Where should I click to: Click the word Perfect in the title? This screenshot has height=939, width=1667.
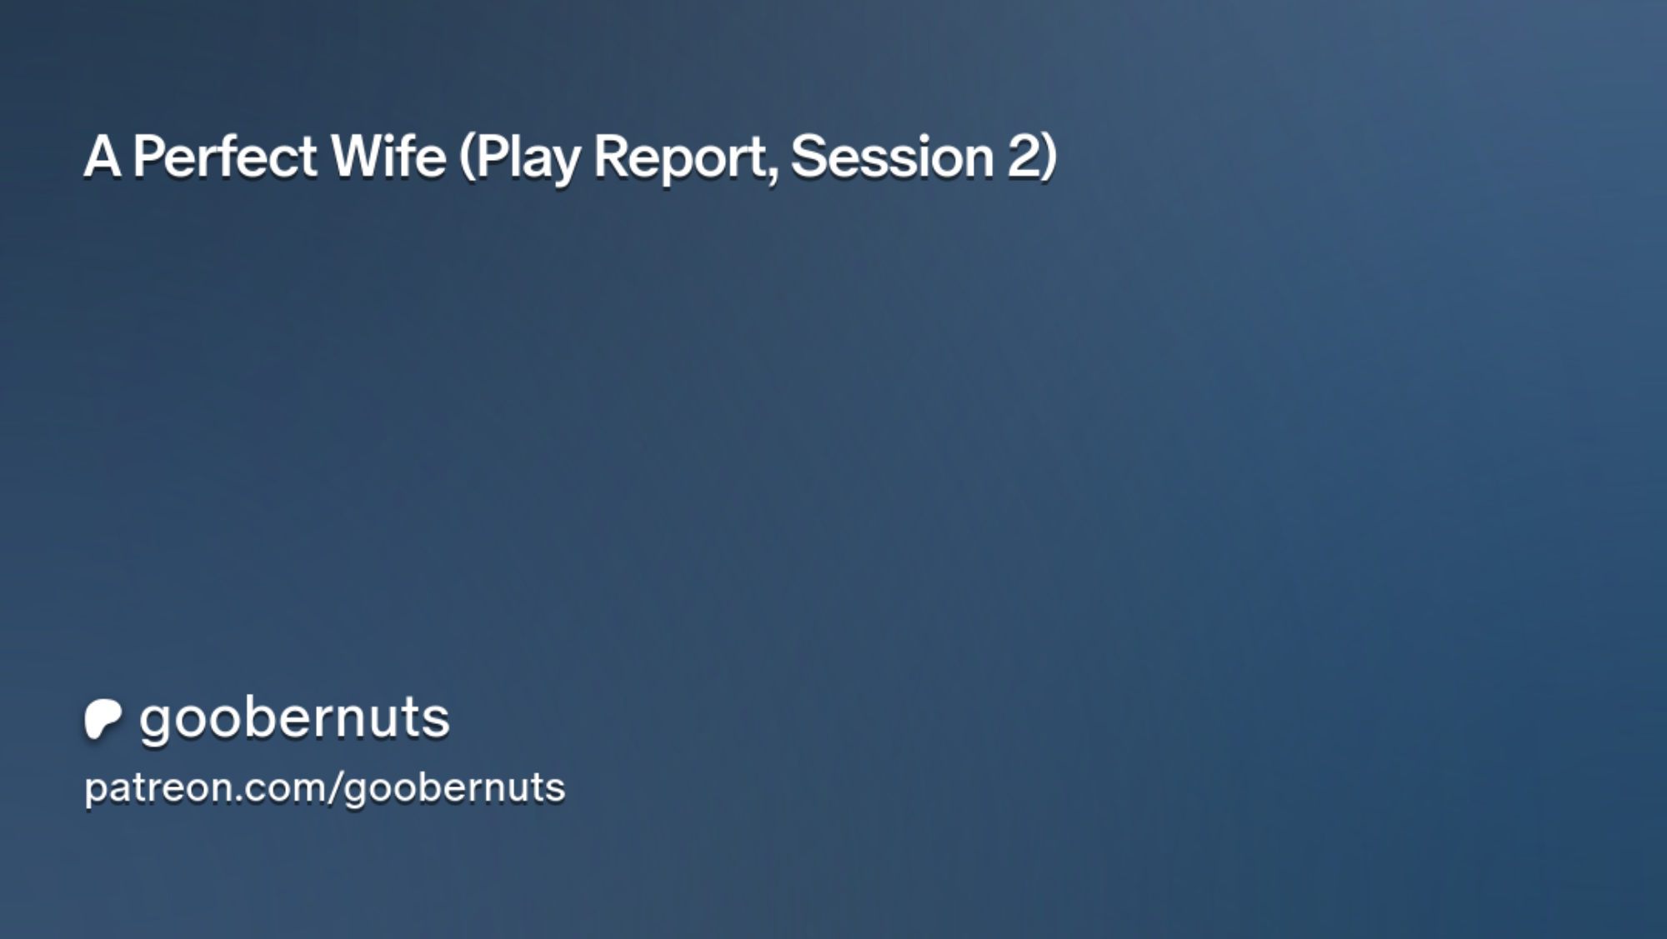tap(225, 156)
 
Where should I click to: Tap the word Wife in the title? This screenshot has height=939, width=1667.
tap(388, 156)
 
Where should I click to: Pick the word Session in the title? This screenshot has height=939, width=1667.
tap(892, 156)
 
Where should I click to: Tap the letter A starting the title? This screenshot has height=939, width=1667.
tap(103, 156)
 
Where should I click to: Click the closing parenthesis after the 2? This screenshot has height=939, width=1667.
tap(1049, 158)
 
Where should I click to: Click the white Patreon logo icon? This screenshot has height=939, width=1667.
tap(103, 719)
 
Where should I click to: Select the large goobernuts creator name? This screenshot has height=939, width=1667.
tap(294, 719)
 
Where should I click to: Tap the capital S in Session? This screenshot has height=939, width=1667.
tap(808, 156)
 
